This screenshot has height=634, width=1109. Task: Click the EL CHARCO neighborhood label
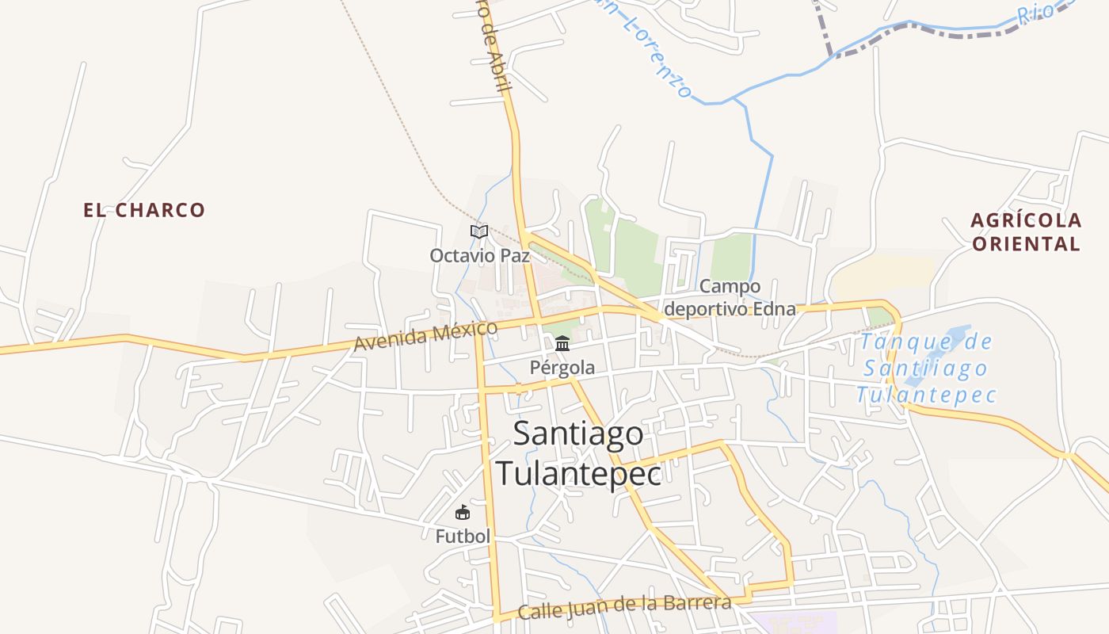pyautogui.click(x=144, y=210)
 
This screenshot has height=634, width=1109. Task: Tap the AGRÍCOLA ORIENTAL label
pyautogui.click(x=1026, y=231)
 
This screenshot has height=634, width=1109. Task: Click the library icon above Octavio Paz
pyautogui.click(x=478, y=231)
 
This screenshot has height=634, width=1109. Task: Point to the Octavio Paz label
pyautogui.click(x=479, y=256)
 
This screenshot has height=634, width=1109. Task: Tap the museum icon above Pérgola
pyautogui.click(x=562, y=343)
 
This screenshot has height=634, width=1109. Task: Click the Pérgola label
pyautogui.click(x=562, y=368)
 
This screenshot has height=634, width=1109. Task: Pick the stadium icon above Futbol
pyautogui.click(x=463, y=513)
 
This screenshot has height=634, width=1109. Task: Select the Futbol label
pyautogui.click(x=463, y=537)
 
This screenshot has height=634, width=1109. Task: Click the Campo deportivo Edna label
pyautogui.click(x=730, y=297)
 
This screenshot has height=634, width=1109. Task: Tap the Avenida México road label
pyautogui.click(x=425, y=335)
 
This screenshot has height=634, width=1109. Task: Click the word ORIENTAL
pyautogui.click(x=1026, y=244)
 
